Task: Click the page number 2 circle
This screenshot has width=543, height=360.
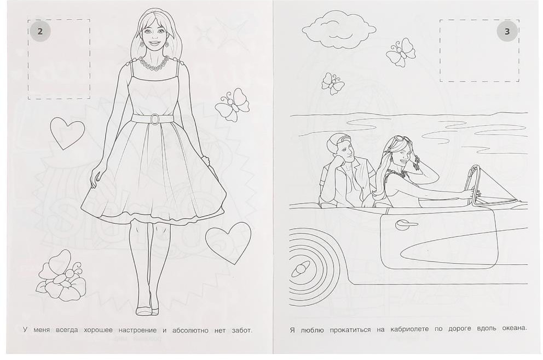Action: (40, 32)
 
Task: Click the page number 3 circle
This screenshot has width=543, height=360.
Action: (507, 32)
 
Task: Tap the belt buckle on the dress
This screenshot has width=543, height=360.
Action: (154, 119)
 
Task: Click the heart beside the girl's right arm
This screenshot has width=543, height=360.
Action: (67, 133)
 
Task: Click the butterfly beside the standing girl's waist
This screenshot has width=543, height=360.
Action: (233, 104)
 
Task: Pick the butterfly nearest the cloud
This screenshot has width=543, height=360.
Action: (401, 53)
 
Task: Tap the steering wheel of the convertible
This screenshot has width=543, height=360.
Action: (473, 185)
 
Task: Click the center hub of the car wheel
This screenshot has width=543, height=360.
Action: (300, 269)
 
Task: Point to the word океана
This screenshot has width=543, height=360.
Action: (513, 328)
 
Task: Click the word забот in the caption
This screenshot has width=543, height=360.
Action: (241, 330)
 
